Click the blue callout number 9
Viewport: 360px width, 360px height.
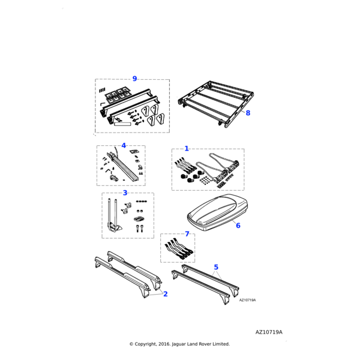(134, 79)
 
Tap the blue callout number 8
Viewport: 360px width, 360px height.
(248, 112)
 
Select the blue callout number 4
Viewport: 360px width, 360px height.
(124, 145)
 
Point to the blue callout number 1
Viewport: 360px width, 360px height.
(187, 148)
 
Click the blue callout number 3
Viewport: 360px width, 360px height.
(125, 193)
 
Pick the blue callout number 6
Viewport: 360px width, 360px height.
(238, 226)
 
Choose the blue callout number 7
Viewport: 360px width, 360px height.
(187, 234)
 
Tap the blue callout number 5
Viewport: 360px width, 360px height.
(216, 267)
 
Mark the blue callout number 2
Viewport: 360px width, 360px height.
(166, 294)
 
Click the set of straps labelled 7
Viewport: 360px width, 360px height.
(178, 249)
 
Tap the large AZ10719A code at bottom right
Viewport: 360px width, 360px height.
(268, 332)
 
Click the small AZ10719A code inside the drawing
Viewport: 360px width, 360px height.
(247, 300)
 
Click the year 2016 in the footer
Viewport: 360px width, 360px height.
(165, 344)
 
